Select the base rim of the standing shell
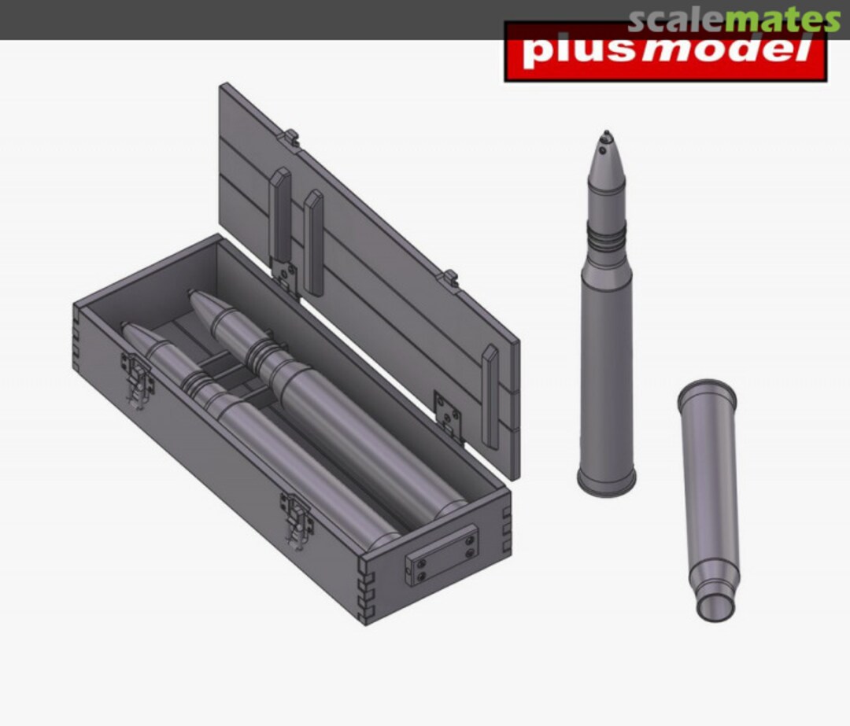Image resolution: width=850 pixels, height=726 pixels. (x=606, y=481)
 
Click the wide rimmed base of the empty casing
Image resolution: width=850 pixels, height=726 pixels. (x=707, y=391)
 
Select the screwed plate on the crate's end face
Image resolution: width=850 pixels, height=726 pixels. (x=442, y=556)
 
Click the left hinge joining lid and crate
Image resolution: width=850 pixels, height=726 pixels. (x=285, y=277)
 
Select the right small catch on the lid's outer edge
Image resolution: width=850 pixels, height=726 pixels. (x=450, y=277)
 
